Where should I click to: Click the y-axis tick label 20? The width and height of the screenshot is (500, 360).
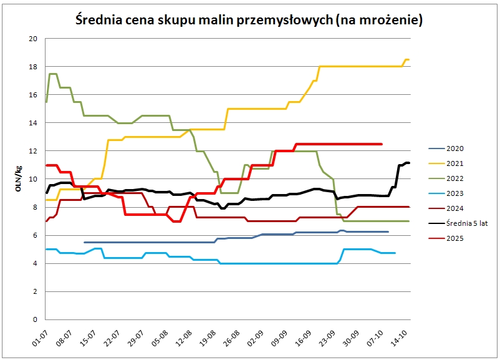33,39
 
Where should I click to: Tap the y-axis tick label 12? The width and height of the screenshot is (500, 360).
33,151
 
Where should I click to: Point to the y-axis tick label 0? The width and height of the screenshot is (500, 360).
36,319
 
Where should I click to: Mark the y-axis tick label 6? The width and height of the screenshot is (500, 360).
36,235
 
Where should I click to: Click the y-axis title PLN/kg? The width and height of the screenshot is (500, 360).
19,178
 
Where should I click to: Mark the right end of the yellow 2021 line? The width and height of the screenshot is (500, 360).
408,59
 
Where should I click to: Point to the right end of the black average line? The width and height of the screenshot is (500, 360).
409,163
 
